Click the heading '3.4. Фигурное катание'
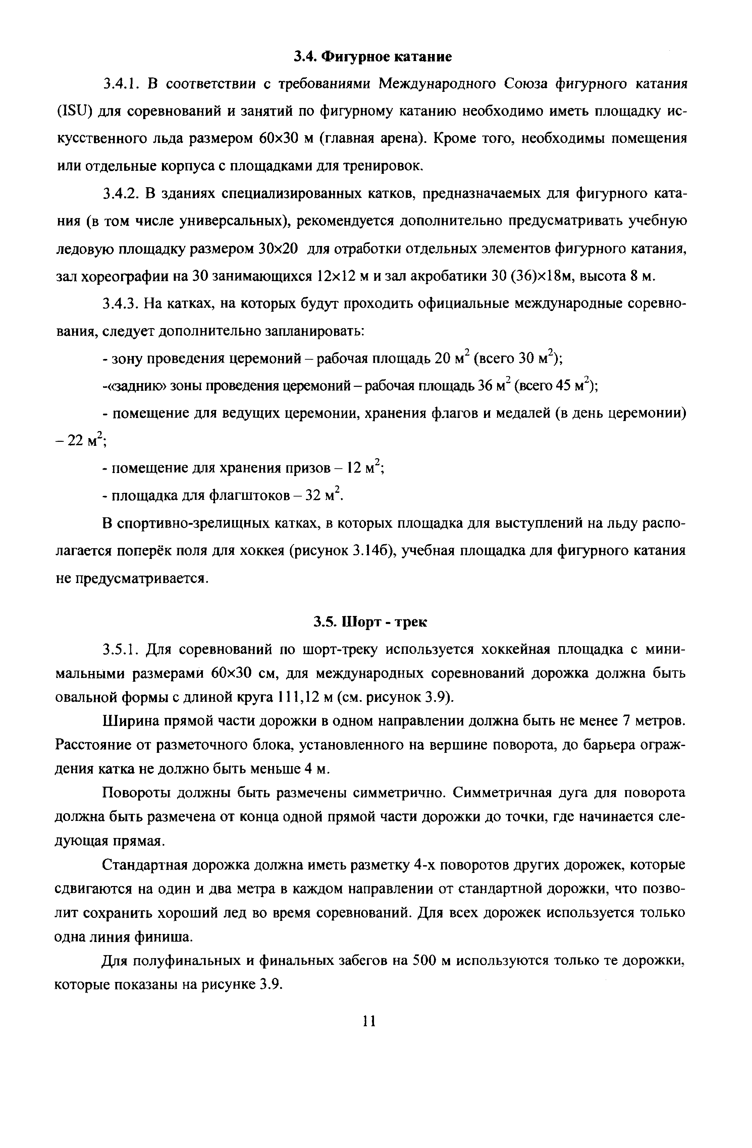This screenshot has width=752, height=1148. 373,57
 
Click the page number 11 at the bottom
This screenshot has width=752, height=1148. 369,1021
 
